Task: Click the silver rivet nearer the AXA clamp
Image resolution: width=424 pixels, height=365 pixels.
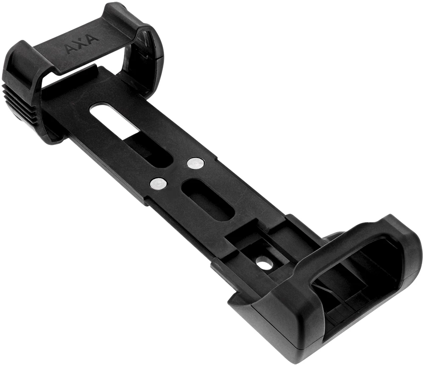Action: click(x=195, y=163)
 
